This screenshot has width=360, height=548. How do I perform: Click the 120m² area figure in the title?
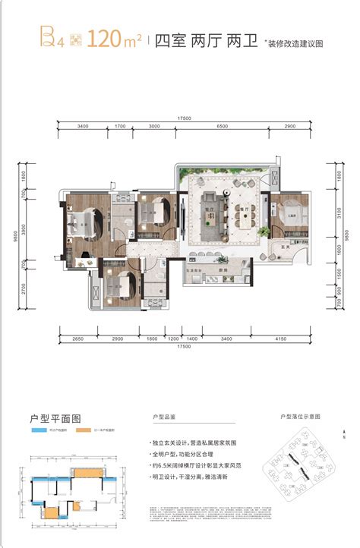click(x=114, y=39)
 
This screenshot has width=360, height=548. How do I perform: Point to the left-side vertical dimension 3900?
click(x=24, y=228)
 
